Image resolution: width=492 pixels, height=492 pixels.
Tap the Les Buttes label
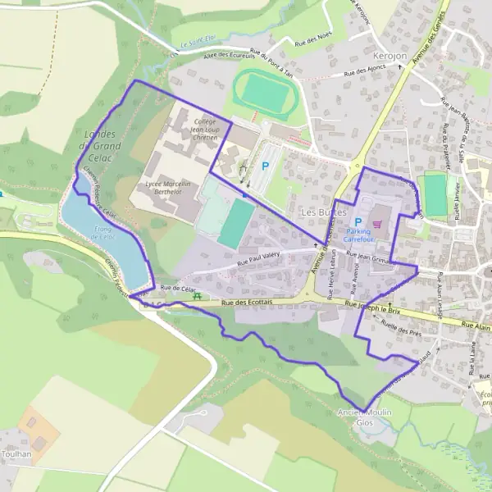[x=321, y=212]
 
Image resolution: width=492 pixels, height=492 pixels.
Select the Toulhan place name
[x=16, y=453]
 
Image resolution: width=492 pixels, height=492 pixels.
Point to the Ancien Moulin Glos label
[x=363, y=417]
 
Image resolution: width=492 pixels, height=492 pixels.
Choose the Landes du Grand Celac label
[x=102, y=140]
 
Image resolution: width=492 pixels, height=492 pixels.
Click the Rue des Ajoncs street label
[x=365, y=73]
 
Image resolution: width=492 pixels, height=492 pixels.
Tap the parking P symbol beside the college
[x=264, y=165]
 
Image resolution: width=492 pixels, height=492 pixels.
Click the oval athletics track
[x=262, y=91]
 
